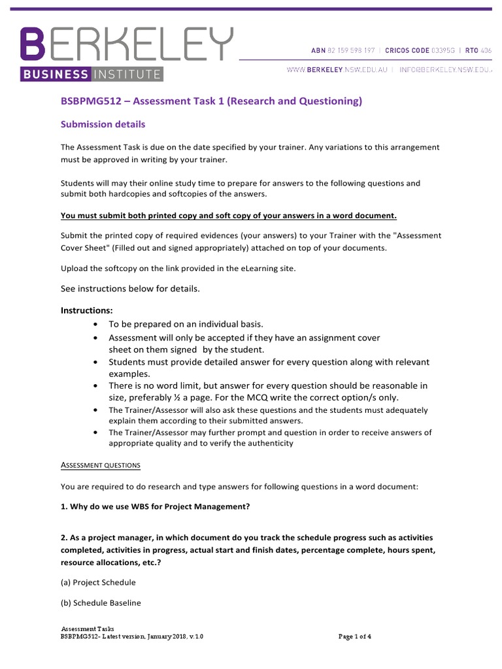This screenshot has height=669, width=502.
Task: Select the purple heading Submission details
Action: point(103,124)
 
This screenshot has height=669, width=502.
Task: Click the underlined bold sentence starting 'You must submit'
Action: point(228,216)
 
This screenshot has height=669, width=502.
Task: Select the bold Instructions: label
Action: point(87,310)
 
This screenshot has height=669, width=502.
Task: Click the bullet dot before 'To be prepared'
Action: point(96,325)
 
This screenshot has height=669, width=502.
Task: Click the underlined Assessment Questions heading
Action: point(101,465)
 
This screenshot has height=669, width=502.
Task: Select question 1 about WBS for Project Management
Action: point(155,506)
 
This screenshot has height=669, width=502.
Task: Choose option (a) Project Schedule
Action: point(98,582)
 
